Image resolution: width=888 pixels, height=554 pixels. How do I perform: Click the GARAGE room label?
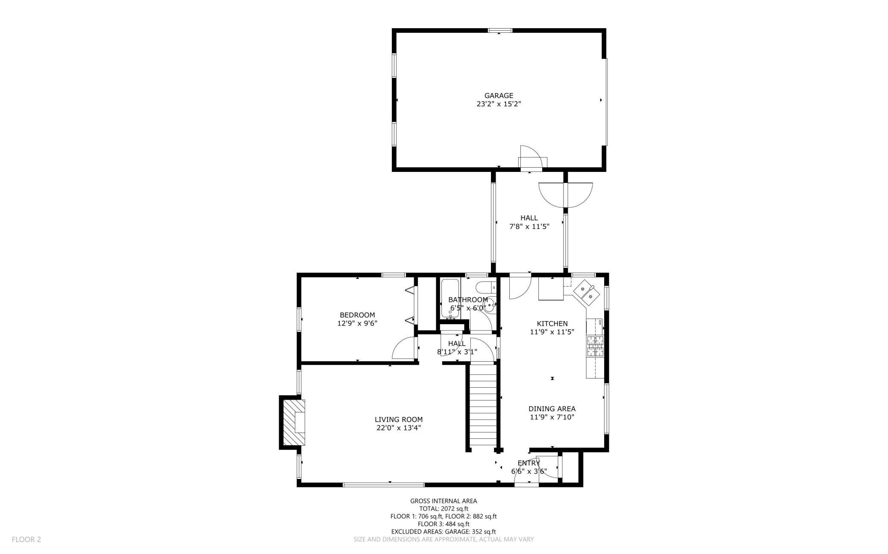click(x=499, y=96)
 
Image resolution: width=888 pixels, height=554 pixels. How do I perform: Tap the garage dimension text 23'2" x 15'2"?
click(x=499, y=104)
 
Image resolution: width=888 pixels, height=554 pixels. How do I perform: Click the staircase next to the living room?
click(x=483, y=404)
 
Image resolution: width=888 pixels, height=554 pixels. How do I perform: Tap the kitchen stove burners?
click(x=596, y=346)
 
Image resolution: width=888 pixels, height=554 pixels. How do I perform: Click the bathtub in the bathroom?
click(x=449, y=299)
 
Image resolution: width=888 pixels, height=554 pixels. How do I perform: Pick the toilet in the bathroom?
click(x=487, y=287)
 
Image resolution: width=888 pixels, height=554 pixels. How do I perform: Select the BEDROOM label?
click(x=357, y=315)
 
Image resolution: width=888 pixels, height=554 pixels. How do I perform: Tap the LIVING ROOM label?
click(x=399, y=420)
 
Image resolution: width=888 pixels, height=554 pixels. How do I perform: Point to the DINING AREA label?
click(x=552, y=409)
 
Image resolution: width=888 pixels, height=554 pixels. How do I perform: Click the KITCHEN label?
click(x=552, y=324)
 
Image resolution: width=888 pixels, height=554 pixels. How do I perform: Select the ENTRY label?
click(x=529, y=463)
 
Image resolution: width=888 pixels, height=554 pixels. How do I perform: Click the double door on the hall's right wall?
click(x=566, y=195)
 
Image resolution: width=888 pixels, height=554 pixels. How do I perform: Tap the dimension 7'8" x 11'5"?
click(x=529, y=226)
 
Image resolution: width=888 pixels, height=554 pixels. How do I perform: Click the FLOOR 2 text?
click(x=26, y=539)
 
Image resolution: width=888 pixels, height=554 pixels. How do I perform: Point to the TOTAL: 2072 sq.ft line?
click(x=444, y=509)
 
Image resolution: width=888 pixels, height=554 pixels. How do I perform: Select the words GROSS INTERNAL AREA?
click(x=444, y=501)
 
